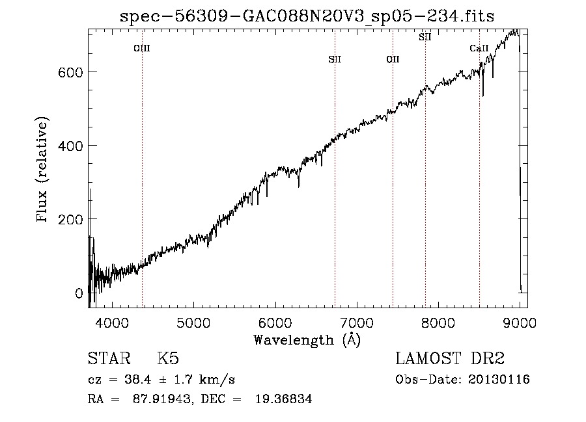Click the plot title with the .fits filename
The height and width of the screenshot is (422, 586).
pos(307,16)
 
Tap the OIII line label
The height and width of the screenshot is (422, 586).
pos(142,48)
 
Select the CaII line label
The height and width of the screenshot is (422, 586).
pos(479,48)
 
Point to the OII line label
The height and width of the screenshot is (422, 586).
pos(393,59)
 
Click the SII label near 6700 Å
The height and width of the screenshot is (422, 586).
pos(335,59)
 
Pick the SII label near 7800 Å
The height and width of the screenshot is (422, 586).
pos(425,37)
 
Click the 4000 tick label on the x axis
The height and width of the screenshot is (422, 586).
pos(112,323)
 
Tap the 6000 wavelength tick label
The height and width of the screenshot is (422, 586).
pos(275,323)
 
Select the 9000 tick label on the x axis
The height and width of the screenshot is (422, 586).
pos(520,323)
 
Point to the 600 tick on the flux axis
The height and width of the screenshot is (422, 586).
pos(70,72)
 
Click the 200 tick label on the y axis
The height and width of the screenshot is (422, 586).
pos(70,219)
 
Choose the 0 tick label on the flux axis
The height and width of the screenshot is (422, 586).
pos(79,293)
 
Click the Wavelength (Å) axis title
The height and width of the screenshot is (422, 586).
pos(307,340)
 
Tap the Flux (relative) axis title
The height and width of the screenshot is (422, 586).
pos(42,170)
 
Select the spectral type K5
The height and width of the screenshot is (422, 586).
pos(168,358)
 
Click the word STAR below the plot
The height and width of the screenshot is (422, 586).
pos(109,358)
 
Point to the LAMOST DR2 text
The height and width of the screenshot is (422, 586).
pos(450,358)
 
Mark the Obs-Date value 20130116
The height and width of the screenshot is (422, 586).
pos(499,380)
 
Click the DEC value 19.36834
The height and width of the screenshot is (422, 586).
pos(284,399)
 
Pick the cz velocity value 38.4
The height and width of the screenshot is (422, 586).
pos(138,380)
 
